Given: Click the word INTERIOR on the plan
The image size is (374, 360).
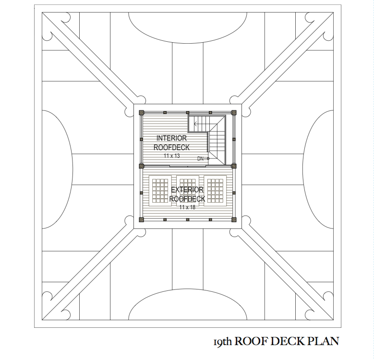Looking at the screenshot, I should (171, 138).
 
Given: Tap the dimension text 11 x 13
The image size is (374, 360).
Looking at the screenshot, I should (172, 156).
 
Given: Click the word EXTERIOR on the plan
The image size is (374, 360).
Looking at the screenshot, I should (187, 190).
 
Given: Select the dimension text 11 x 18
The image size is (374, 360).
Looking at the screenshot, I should (187, 207).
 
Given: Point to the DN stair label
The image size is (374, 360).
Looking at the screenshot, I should (200, 158).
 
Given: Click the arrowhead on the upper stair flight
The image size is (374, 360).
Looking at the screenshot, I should (196, 123).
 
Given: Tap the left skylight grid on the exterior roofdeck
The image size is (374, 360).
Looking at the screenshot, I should (159, 191).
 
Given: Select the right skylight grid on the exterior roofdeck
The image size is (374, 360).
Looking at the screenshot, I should (216, 191).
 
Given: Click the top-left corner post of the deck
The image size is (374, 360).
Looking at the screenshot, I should (141, 113).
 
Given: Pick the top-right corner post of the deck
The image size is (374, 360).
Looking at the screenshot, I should (234, 113).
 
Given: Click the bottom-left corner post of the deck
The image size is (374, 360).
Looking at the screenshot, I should (141, 220).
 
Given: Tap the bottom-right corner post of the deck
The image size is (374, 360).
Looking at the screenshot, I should (234, 220).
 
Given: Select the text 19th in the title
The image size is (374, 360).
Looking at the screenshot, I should (223, 342).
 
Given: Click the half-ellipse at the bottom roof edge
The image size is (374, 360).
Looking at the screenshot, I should (187, 307).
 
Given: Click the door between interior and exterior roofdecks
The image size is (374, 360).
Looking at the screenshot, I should (188, 166).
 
